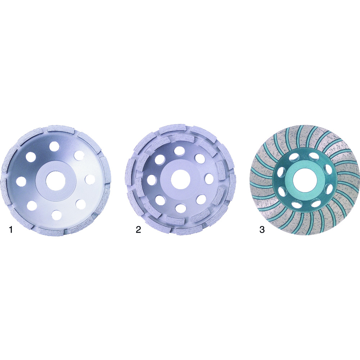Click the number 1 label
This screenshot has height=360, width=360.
[x=10, y=229]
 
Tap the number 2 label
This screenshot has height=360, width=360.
[x=138, y=229]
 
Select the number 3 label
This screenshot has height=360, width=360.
[x=262, y=229]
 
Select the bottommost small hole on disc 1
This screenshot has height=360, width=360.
[x=57, y=215]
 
